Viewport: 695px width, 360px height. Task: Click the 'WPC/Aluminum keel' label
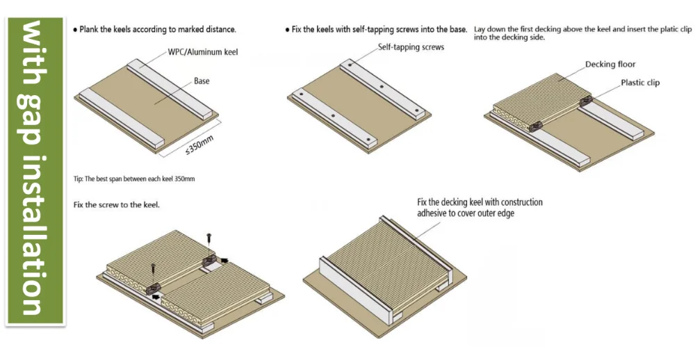click(202, 52)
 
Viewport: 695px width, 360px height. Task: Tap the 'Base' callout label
click(202, 81)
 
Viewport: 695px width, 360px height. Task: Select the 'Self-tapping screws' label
click(411, 47)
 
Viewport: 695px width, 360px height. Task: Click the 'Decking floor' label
click(610, 65)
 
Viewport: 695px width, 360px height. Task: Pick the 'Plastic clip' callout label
click(640, 83)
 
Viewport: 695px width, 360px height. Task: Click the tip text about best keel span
click(134, 179)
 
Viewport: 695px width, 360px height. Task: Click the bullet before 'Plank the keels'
click(75, 30)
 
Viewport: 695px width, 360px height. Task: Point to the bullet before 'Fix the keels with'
click(288, 30)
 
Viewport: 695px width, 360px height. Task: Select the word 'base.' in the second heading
click(456, 30)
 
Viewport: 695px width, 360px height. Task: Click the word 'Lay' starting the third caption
click(480, 30)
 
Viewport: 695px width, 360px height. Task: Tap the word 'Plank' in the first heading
click(91, 30)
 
